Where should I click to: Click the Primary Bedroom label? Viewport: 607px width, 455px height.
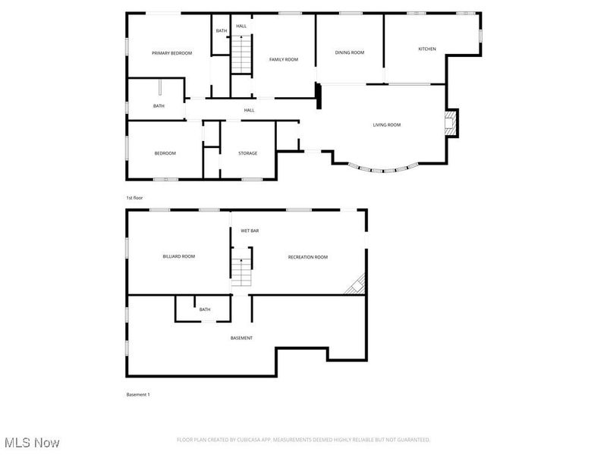pyautogui.click(x=171, y=53)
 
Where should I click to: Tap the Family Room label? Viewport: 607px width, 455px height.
pyautogui.click(x=284, y=59)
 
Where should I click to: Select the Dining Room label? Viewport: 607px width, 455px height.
pyautogui.click(x=350, y=52)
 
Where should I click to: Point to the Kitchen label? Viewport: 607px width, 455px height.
pyautogui.click(x=427, y=49)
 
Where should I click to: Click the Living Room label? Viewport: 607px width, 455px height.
pyautogui.click(x=386, y=125)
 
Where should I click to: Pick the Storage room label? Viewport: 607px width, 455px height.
pyautogui.click(x=247, y=153)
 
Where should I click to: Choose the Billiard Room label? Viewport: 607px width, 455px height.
pyautogui.click(x=179, y=256)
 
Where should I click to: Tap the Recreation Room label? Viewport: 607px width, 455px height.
pyautogui.click(x=307, y=257)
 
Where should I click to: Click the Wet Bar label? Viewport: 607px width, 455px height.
pyautogui.click(x=250, y=231)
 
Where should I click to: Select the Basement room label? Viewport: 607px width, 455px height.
pyautogui.click(x=241, y=337)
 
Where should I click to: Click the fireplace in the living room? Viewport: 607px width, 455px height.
pyautogui.click(x=451, y=123)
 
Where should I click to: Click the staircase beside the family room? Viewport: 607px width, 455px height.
pyautogui.click(x=241, y=55)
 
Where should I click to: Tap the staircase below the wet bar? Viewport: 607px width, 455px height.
pyautogui.click(x=241, y=271)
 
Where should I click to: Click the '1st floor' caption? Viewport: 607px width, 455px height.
pyautogui.click(x=134, y=197)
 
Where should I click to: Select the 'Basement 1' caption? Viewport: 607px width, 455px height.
pyautogui.click(x=138, y=394)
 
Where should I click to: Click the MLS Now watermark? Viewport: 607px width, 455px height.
pyautogui.click(x=31, y=442)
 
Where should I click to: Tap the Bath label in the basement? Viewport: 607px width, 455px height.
pyautogui.click(x=205, y=309)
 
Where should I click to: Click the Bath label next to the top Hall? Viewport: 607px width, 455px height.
pyautogui.click(x=221, y=31)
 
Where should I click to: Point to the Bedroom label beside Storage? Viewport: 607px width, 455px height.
pyautogui.click(x=165, y=153)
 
